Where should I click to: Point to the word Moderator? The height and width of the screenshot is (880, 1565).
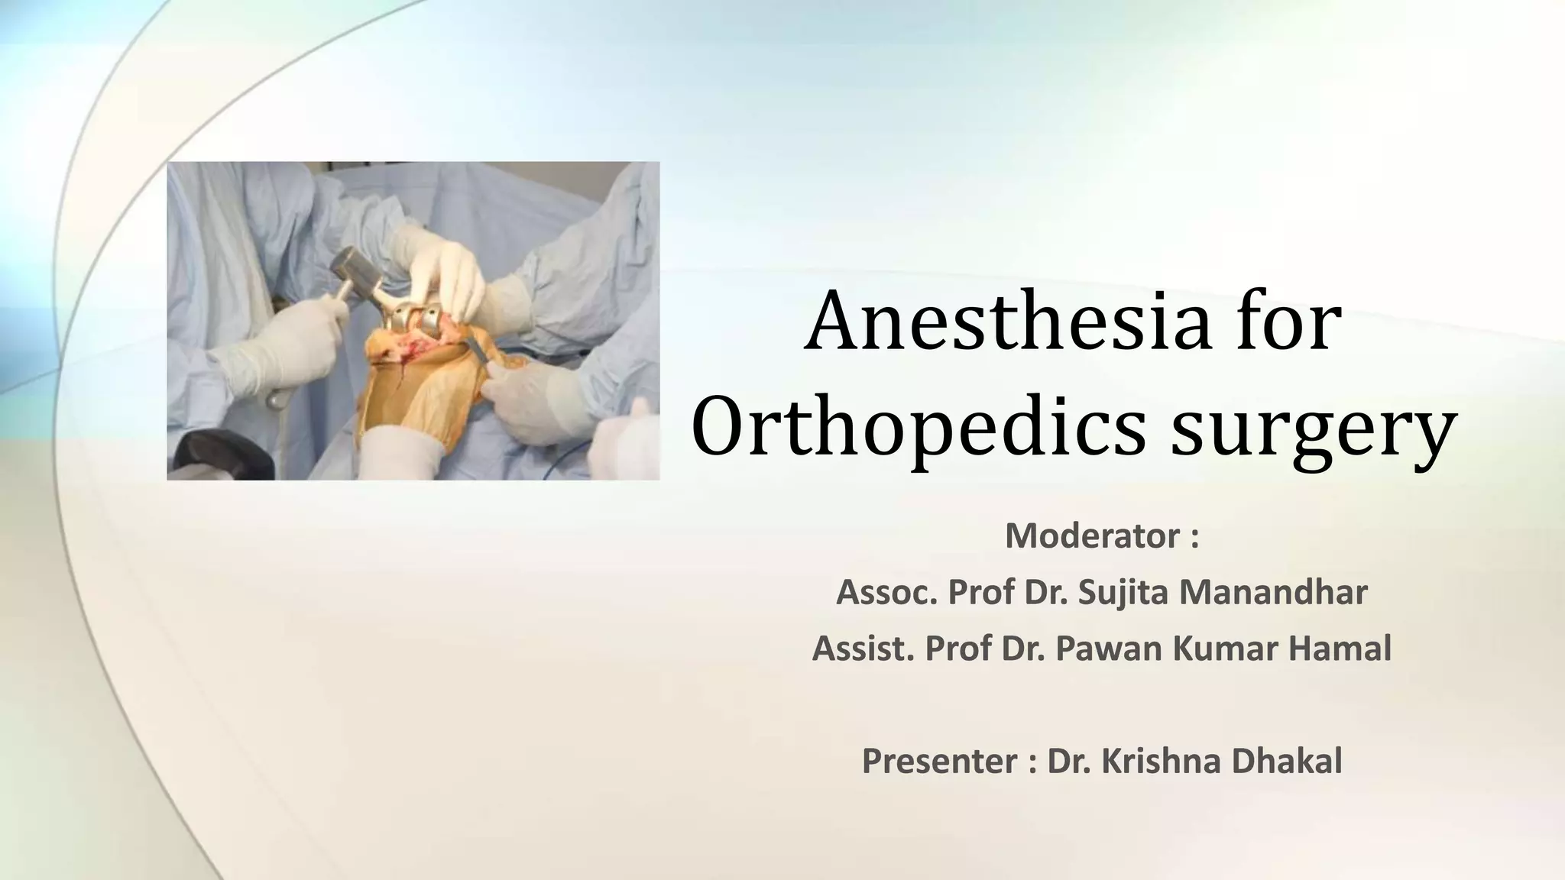(1092, 535)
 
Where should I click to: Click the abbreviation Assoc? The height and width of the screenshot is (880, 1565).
(886, 592)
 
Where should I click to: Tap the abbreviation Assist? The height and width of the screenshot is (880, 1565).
(863, 649)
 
